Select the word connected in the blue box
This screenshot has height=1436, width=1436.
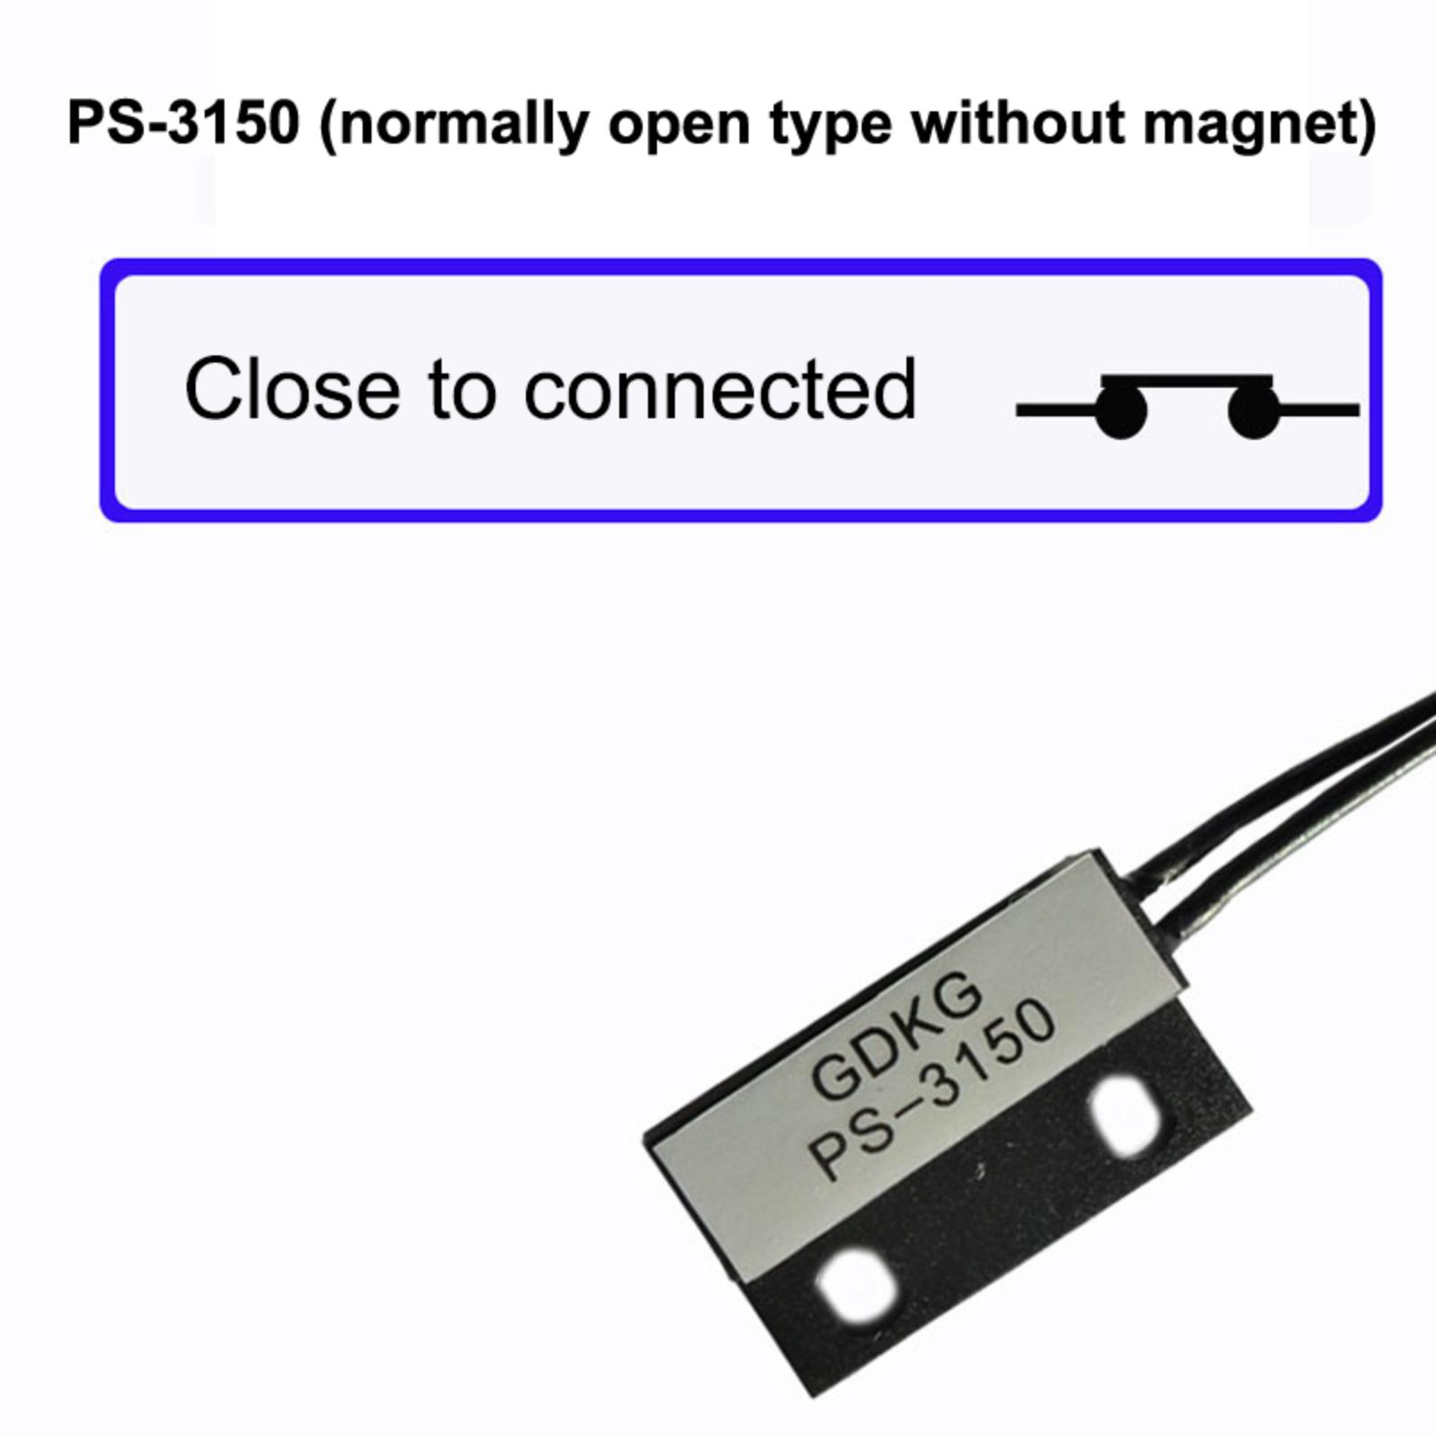720,388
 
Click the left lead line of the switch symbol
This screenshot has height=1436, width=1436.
1055,410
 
